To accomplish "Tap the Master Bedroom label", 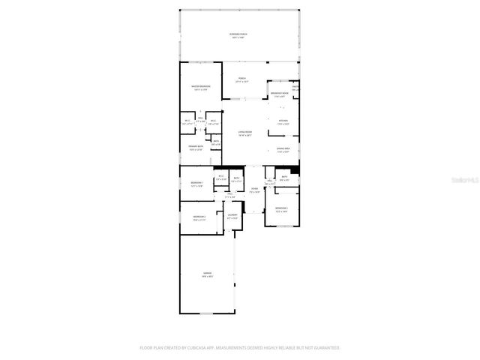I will pyautogui.click(x=200, y=87).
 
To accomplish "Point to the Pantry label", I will pyautogui.click(x=295, y=88).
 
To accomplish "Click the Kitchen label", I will pyautogui.click(x=283, y=121).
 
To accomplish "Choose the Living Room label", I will pyautogui.click(x=245, y=132).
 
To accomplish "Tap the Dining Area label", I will pyautogui.click(x=283, y=149).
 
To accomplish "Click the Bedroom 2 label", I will pyautogui.click(x=199, y=217).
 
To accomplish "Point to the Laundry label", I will pyautogui.click(x=232, y=215).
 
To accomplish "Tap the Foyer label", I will pyautogui.click(x=254, y=188).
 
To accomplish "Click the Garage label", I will pyautogui.click(x=207, y=273).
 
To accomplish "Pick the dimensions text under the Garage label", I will pyautogui.click(x=207, y=277).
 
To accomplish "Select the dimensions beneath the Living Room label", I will pyautogui.click(x=245, y=136).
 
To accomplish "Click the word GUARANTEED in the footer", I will pyautogui.click(x=325, y=348).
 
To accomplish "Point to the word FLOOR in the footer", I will pyautogui.click(x=145, y=348).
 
